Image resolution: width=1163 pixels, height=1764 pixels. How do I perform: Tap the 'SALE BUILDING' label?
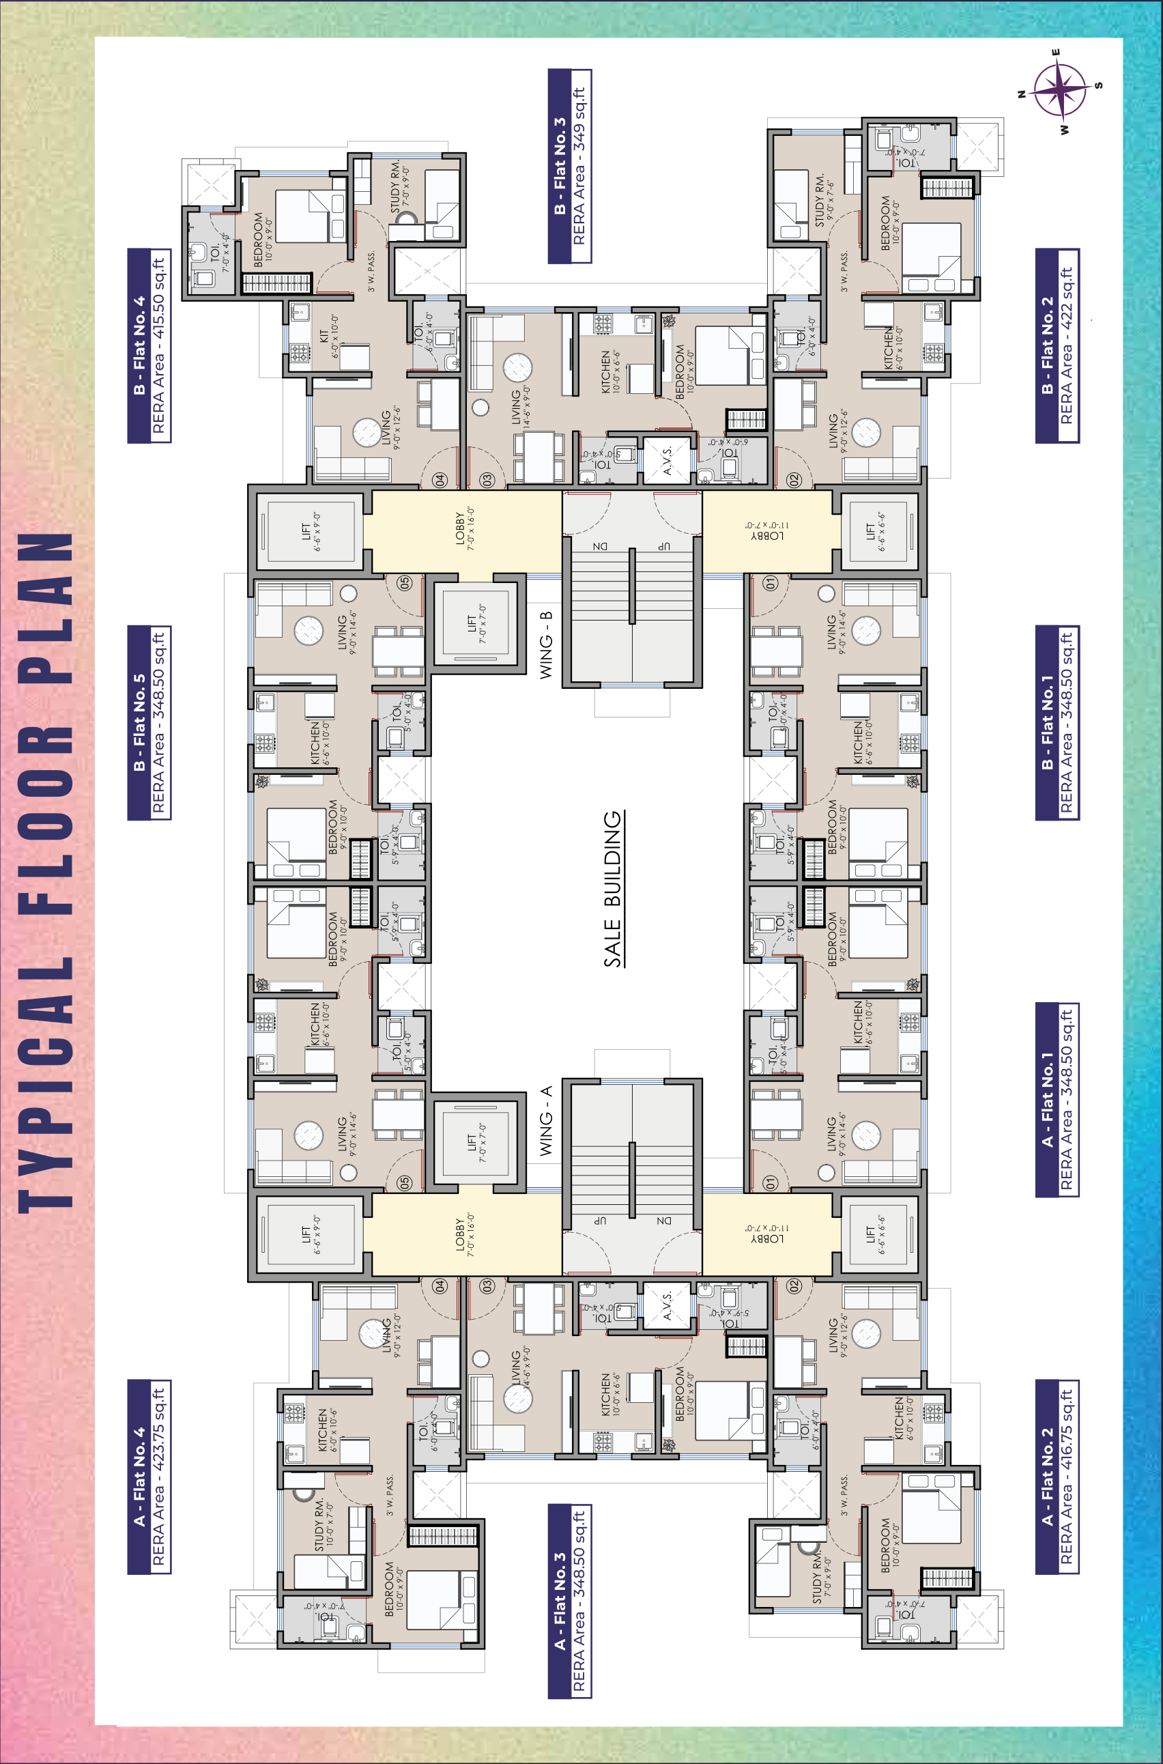[x=613, y=889]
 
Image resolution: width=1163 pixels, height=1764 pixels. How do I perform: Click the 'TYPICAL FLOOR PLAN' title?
[x=46, y=872]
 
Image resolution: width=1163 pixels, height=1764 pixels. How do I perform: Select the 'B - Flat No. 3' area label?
[x=570, y=166]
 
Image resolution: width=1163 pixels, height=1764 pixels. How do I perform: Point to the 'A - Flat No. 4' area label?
[x=149, y=1476]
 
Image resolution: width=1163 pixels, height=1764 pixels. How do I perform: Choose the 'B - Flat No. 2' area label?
[x=1057, y=345]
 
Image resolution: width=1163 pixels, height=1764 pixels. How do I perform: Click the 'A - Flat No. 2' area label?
[x=1057, y=1476]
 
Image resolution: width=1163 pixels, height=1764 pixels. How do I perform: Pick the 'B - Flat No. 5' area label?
[x=149, y=722]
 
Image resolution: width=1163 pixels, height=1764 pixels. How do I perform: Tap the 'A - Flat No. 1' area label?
[x=1057, y=1099]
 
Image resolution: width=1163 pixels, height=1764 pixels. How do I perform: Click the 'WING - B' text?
[x=546, y=644]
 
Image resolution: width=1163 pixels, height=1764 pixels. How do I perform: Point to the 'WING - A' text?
[x=546, y=1120]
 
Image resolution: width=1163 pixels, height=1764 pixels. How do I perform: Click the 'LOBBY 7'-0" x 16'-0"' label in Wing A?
[x=464, y=1235]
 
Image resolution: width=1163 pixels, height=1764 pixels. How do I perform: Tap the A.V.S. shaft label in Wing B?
[x=667, y=460]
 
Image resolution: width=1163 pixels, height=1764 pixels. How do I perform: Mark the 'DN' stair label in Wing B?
[x=600, y=547]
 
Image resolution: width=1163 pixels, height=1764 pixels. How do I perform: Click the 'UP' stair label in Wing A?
[x=600, y=1221]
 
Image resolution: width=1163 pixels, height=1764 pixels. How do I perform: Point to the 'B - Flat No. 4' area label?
[x=149, y=345]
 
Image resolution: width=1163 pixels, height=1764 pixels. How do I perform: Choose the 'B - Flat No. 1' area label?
[x=1057, y=722]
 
